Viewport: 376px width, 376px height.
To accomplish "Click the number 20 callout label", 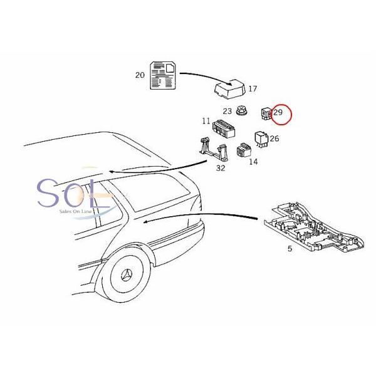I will point(139,75).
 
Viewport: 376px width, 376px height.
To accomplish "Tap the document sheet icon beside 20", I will point(162,75).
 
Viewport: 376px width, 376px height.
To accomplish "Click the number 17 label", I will point(253,89).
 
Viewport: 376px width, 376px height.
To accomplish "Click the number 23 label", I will point(227,112).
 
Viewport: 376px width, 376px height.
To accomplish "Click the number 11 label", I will point(206,121).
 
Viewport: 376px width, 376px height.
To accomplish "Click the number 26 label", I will point(274,139).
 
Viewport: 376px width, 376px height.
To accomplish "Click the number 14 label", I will point(253,162).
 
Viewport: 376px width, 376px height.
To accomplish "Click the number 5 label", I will point(290,249).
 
